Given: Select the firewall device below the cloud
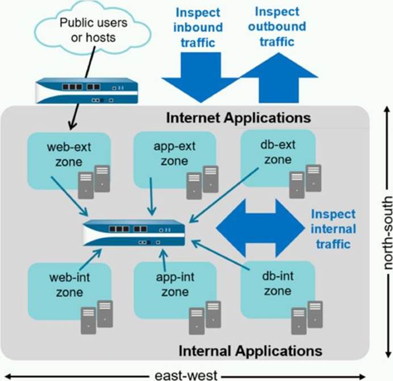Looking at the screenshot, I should pyautogui.click(x=86, y=91).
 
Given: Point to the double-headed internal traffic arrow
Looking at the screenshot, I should pyautogui.click(x=261, y=228).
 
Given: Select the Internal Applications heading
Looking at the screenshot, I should pyautogui.click(x=250, y=349).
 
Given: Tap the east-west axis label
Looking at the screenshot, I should pyautogui.click(x=187, y=375).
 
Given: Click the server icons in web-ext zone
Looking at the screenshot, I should pyautogui.click(x=94, y=179).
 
